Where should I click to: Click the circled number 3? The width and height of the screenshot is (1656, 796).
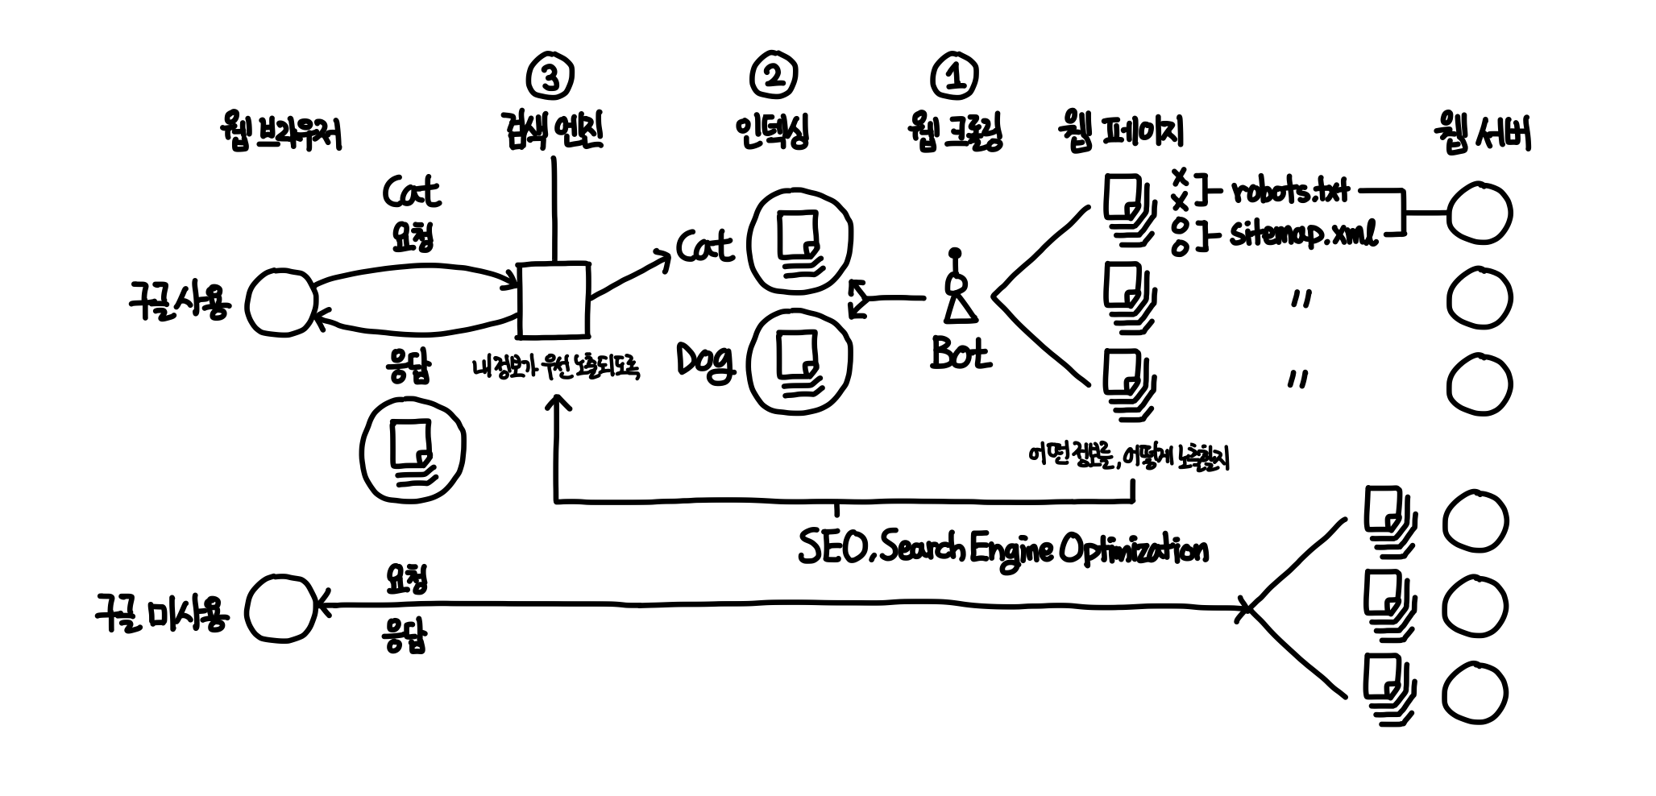(550, 78)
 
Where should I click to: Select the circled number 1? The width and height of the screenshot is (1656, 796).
(954, 77)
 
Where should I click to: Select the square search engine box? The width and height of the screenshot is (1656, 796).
(553, 299)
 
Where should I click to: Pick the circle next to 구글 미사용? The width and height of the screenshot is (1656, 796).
(280, 608)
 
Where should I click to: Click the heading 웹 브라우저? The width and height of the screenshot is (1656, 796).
(280, 134)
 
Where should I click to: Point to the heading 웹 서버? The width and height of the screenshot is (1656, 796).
(1481, 134)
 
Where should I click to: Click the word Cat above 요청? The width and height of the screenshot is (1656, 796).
(411, 192)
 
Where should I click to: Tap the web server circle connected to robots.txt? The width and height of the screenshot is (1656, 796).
(1479, 214)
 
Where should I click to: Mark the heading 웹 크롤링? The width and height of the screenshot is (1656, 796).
(955, 132)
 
